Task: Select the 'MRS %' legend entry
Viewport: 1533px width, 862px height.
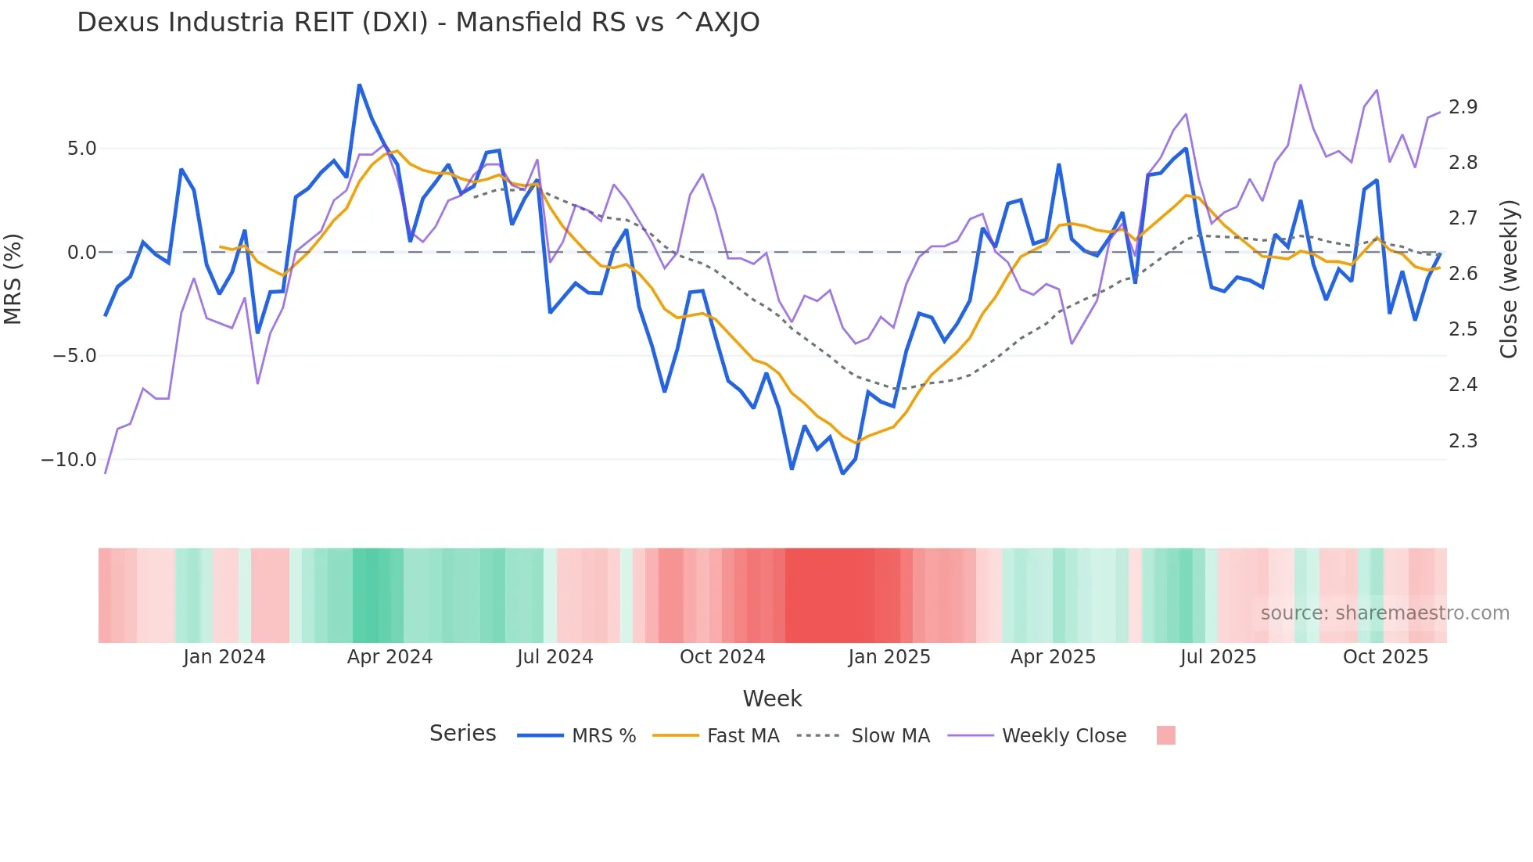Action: pyautogui.click(x=603, y=736)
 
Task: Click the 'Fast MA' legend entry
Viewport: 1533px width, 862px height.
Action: pyautogui.click(x=742, y=736)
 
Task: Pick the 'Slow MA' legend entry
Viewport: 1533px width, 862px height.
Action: pyautogui.click(x=890, y=736)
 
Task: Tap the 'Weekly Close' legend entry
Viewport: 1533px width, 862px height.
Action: pyautogui.click(x=1064, y=736)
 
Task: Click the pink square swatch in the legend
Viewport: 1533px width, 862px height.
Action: pyautogui.click(x=1165, y=735)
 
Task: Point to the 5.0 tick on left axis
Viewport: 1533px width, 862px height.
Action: pyautogui.click(x=81, y=149)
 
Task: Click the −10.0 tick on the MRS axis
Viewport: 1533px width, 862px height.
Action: pyautogui.click(x=69, y=460)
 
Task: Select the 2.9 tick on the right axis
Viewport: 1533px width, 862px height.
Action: pyautogui.click(x=1463, y=107)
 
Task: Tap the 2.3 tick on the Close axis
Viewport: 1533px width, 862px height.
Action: pyautogui.click(x=1463, y=441)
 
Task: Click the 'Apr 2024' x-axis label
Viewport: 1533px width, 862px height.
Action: pyautogui.click(x=390, y=657)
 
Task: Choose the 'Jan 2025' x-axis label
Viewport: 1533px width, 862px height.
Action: pyautogui.click(x=889, y=657)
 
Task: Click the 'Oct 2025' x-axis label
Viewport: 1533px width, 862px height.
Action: pyautogui.click(x=1385, y=657)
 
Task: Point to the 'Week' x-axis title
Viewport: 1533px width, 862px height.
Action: pyautogui.click(x=772, y=699)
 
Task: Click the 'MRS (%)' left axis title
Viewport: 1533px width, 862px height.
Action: pyautogui.click(x=13, y=278)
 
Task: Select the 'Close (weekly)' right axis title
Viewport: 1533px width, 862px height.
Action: pyautogui.click(x=1509, y=279)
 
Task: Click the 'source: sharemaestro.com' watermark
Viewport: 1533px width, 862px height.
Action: pyautogui.click(x=1384, y=613)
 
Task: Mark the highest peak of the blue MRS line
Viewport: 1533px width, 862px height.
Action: pyautogui.click(x=359, y=84)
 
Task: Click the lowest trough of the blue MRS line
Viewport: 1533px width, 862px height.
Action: pyautogui.click(x=842, y=473)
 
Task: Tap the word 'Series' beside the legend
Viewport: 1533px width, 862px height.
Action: pyautogui.click(x=462, y=734)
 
